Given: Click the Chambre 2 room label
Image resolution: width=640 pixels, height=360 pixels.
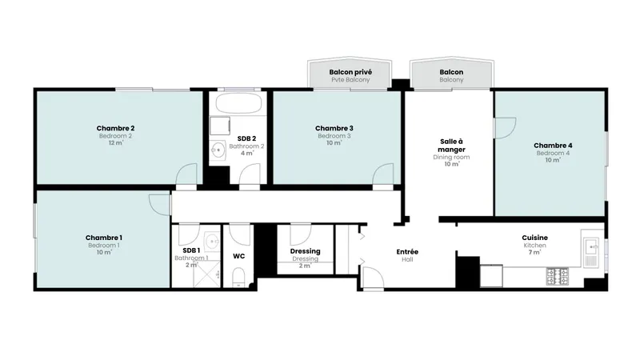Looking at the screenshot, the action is point(115,129).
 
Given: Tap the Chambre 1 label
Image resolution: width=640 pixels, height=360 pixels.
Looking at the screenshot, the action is point(104,238).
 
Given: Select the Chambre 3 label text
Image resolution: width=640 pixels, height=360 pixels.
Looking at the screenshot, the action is point(334,129).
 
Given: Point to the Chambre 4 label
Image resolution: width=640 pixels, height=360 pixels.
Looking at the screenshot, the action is point(553,146).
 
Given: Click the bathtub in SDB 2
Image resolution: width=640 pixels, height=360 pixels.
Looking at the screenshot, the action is point(238,103).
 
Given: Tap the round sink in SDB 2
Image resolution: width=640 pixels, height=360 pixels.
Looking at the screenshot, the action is point(218,150).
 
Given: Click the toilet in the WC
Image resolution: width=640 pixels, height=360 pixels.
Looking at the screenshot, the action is point(238,278).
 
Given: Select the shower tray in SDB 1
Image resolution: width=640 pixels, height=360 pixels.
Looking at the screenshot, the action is point(206,274).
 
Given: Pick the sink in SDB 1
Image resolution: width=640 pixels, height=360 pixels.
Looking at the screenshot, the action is point(212,242).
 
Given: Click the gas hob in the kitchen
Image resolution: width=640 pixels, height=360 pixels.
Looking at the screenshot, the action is point(558,276).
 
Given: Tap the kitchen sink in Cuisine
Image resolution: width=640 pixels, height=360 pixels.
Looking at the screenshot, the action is point(590,252).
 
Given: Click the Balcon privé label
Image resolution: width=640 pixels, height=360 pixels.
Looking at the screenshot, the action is point(350,72).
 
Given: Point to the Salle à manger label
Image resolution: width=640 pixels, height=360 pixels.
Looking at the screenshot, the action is point(451,146).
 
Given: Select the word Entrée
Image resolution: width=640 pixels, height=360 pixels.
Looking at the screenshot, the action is point(407,252).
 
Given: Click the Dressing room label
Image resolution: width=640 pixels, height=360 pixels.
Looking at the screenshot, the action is point(306,251).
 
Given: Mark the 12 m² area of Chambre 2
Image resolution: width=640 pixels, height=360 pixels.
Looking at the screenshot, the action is point(116,143).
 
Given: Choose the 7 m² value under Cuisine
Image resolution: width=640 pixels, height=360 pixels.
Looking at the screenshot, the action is point(534,252).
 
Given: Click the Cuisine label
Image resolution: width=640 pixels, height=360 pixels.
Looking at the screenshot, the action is point(534,238).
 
